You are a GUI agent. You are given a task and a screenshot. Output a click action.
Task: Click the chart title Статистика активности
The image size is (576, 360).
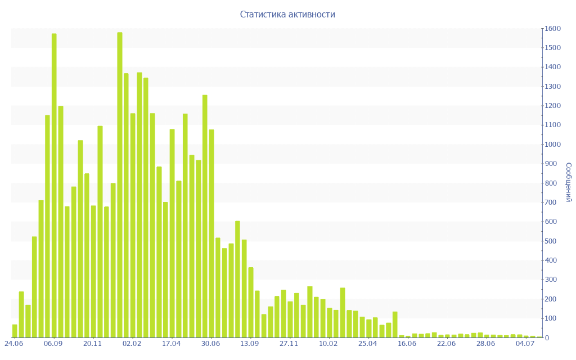coord(287,14)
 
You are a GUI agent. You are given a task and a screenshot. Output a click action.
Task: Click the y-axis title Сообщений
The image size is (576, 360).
coord(569,182)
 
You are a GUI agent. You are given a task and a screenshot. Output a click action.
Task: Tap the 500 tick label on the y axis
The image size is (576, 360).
coord(551,241)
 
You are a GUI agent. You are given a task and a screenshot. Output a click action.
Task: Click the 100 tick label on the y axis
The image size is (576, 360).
coord(551,318)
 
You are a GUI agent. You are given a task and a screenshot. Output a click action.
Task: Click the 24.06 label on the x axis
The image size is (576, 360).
coord(14,344)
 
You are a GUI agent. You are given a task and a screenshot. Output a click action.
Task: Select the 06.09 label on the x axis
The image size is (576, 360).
coord(53,344)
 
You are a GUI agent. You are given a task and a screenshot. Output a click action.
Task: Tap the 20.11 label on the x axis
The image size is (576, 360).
coord(93,344)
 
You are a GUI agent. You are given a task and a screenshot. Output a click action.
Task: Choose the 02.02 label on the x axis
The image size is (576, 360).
coord(132,344)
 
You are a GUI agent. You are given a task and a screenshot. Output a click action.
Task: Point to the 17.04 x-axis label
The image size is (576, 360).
coord(172,344)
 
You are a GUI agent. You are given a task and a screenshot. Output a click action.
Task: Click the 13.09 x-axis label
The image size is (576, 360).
coord(250,344)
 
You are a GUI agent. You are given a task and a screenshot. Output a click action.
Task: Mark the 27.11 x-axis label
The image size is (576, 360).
coord(289,344)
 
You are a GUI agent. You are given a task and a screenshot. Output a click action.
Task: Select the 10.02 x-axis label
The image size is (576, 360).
coord(328,344)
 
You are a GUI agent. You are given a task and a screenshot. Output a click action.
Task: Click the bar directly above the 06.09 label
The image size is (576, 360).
coord(54,186)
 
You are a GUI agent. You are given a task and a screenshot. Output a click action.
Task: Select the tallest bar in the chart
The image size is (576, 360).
coord(120,185)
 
